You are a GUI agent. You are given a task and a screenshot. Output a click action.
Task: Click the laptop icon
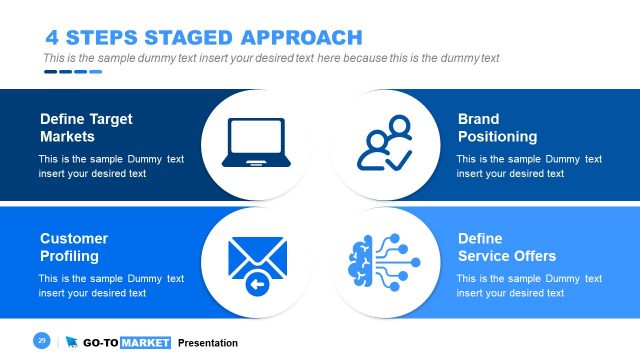tap(257, 142)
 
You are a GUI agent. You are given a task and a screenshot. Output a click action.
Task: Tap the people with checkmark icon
tap(384, 142)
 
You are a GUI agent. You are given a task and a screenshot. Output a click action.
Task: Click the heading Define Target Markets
tap(86, 127)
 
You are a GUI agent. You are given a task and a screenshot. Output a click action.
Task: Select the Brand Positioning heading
tap(497, 127)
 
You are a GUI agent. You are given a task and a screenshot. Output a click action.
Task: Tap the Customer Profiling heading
tap(74, 247)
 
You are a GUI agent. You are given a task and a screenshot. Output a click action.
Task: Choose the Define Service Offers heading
tap(506, 247)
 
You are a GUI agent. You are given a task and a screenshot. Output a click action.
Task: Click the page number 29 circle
tap(42, 342)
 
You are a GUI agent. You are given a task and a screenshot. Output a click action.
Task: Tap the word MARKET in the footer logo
tap(146, 343)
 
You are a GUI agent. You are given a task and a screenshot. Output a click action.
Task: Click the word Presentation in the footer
tap(208, 343)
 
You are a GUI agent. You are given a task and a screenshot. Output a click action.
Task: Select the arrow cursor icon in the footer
tap(71, 343)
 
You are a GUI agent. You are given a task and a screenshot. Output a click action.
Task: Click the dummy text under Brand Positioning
tap(529, 166)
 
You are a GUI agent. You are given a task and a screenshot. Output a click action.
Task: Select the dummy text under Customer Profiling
tap(111, 285)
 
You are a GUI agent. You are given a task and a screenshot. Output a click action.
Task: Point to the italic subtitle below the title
tap(271, 58)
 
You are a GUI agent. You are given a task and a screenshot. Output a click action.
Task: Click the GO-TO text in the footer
tap(100, 343)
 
